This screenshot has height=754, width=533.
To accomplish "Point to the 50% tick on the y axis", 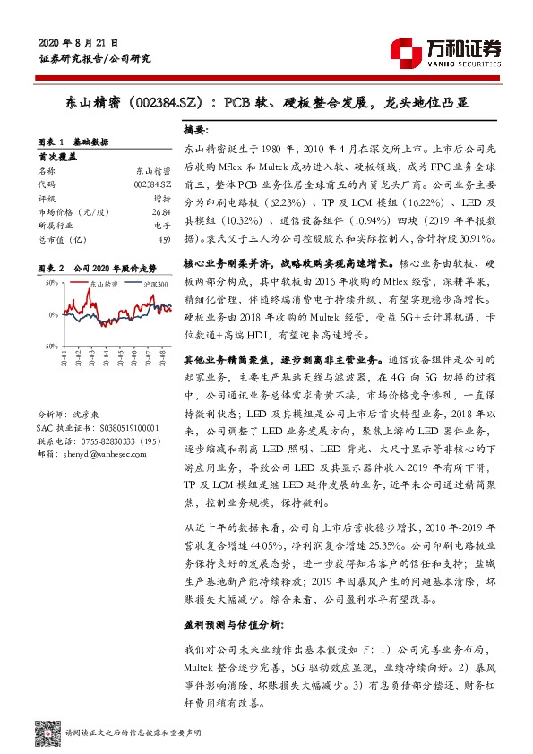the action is click(50, 284).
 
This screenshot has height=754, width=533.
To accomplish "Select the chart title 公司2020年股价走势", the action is click(114, 268).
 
